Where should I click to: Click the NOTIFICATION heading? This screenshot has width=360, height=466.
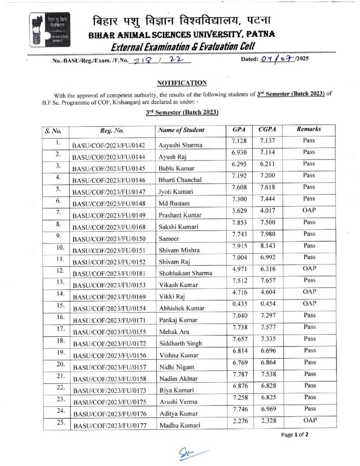click(182, 82)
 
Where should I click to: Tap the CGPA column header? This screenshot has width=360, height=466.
click(266, 130)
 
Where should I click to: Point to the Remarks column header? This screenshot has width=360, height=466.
click(309, 129)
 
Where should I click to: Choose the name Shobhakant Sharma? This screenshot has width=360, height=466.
click(185, 273)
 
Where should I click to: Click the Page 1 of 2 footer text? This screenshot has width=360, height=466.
click(295, 435)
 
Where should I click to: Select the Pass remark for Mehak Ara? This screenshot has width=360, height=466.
click(309, 327)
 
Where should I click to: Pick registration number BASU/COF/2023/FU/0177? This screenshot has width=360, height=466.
click(109, 425)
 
